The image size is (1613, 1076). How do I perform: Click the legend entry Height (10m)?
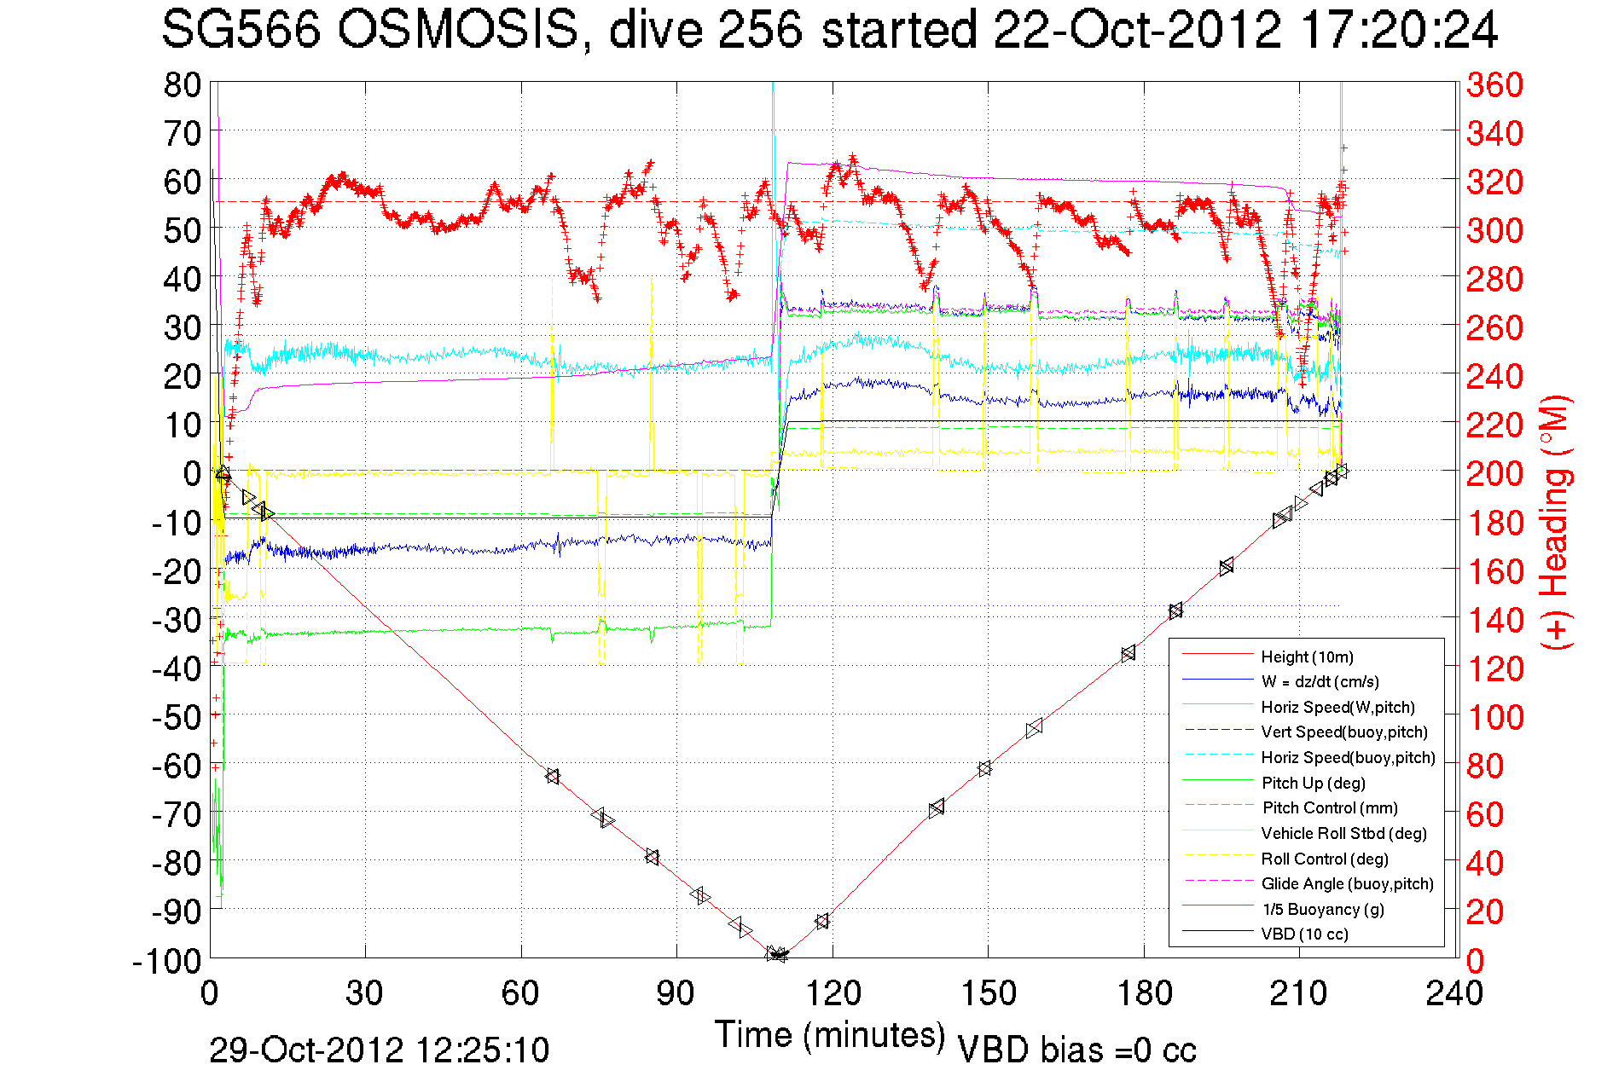click(x=1307, y=657)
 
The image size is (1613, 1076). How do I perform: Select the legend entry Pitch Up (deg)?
click(x=1313, y=783)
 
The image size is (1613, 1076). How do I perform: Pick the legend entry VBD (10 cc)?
click(x=1304, y=934)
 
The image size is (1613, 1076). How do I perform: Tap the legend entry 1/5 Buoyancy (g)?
click(x=1323, y=909)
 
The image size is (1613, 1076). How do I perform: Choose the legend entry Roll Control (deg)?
click(x=1325, y=859)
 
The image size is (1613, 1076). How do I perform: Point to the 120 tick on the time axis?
click(x=833, y=993)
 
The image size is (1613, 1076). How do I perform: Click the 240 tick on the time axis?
click(x=1454, y=993)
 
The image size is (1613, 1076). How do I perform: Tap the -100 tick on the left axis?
click(x=166, y=961)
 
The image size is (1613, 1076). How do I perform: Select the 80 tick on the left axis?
click(x=182, y=84)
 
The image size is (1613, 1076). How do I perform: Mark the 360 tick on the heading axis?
click(x=1494, y=84)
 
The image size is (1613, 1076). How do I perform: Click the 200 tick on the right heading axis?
click(x=1494, y=473)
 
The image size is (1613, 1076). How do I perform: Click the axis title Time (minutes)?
click(x=830, y=1035)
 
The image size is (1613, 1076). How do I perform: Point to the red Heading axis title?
click(x=1555, y=522)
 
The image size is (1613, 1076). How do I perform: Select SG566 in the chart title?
click(x=241, y=31)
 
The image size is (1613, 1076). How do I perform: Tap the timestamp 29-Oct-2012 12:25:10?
click(x=380, y=1050)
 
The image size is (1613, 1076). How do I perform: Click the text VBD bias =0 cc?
click(x=1076, y=1050)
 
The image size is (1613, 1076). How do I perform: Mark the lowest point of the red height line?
click(x=778, y=956)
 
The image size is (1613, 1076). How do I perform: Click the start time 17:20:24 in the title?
click(x=1399, y=31)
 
